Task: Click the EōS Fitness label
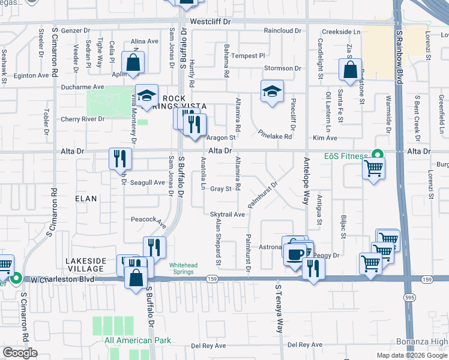click(x=346, y=157)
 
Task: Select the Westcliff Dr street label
click(x=210, y=22)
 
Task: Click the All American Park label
click(x=137, y=340)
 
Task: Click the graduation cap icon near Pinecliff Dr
click(x=272, y=92)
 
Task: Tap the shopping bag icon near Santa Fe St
click(x=349, y=70)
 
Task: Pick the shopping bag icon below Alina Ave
click(x=133, y=62)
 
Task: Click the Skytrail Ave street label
click(x=228, y=214)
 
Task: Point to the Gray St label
click(x=221, y=189)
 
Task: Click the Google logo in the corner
click(x=20, y=353)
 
